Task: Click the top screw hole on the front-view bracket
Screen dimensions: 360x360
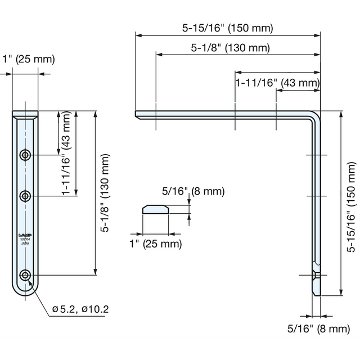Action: coord(25,155)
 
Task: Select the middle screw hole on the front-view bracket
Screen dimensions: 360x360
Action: coord(25,196)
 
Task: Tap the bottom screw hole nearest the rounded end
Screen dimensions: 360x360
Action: coord(25,275)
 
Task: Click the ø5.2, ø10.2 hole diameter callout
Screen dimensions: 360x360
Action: coord(80,309)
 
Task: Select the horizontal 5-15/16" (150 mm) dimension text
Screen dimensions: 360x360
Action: coord(228,28)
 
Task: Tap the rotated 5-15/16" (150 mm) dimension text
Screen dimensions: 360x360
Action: coord(352,203)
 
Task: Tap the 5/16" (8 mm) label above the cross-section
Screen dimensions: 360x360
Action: coord(193,191)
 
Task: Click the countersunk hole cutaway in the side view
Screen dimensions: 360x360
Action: coord(316,275)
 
